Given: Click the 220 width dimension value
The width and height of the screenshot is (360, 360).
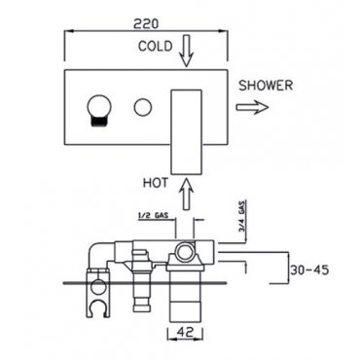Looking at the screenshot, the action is pos(146,23).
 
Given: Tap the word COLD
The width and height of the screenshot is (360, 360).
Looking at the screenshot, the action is pos(156,46).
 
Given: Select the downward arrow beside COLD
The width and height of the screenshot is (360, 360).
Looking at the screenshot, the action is pos(186,52).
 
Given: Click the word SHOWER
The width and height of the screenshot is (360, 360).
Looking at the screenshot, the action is pos(266,86).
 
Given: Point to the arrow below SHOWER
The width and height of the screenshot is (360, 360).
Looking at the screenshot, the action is pos(252,107).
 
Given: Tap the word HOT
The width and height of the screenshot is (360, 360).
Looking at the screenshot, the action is pos(156,183).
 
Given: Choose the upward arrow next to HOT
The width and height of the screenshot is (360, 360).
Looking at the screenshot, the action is pos(187,193).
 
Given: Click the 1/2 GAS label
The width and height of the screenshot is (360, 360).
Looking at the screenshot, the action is pos(152,215).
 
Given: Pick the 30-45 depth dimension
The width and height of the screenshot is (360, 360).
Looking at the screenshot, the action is pos(309,270).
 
